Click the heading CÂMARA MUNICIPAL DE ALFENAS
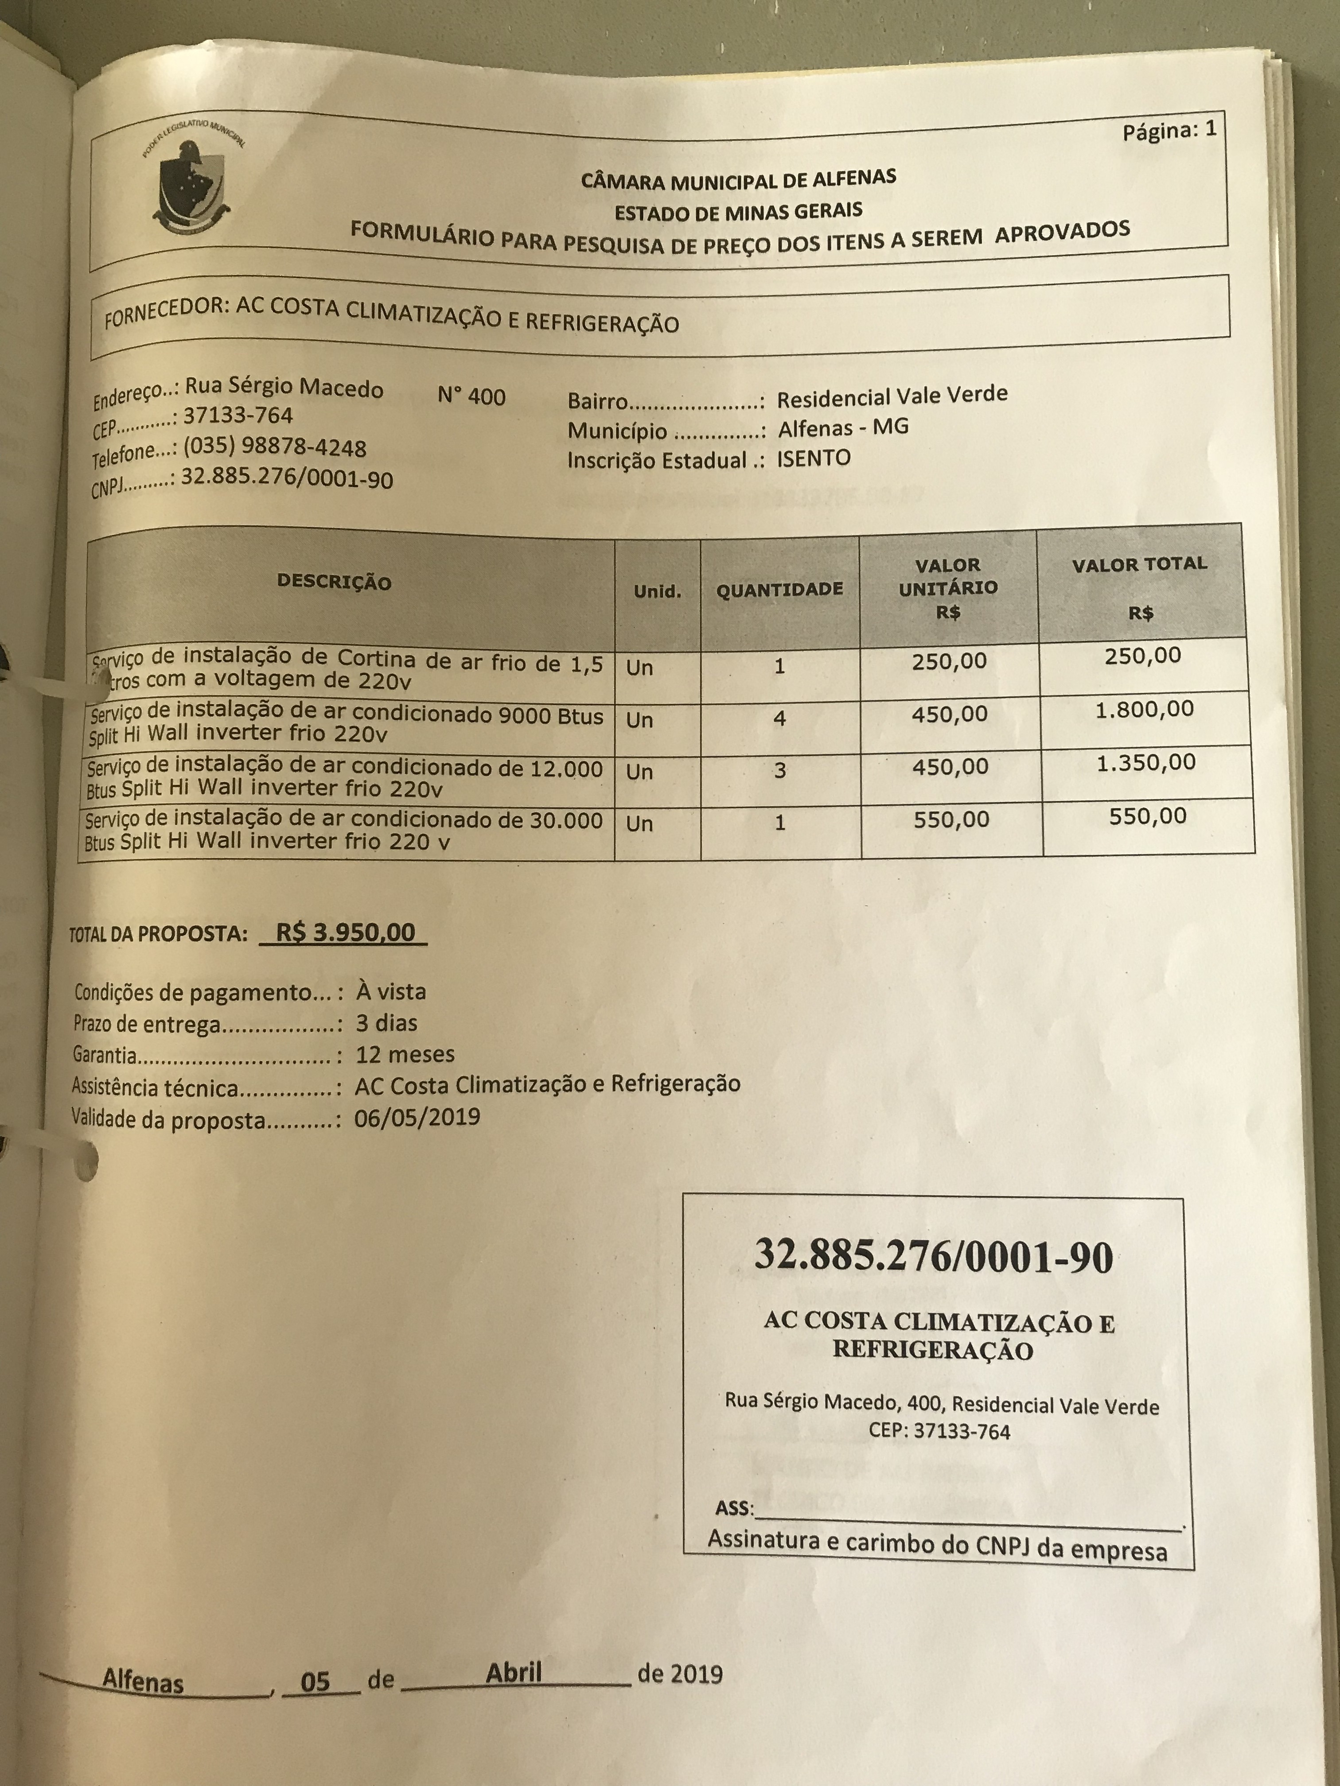738,179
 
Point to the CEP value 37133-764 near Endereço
238,416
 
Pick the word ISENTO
814,458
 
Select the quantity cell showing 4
779,718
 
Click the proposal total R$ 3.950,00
345,932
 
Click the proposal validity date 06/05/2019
417,1118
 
